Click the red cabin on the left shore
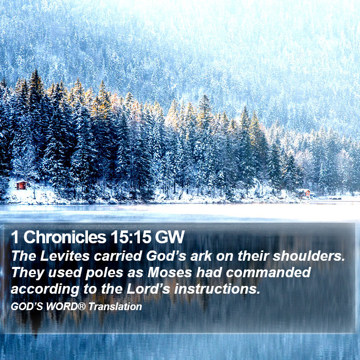pos(22,185)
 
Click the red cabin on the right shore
pos(305,193)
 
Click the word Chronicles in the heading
pos(65,237)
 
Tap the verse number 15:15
pos(130,237)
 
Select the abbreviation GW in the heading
pos(170,237)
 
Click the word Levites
pos(65,256)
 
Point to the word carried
pos(118,256)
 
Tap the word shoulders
pos(309,256)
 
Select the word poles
pos(104,273)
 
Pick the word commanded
pos(268,272)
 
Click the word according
pos(45,289)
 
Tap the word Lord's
pos(148,289)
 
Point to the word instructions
pos(217,289)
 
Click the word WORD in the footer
pos(62,307)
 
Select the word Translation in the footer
pos(115,307)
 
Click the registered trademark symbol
pos(82,306)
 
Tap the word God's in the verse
pos(166,256)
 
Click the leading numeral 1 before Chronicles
pos(15,237)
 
